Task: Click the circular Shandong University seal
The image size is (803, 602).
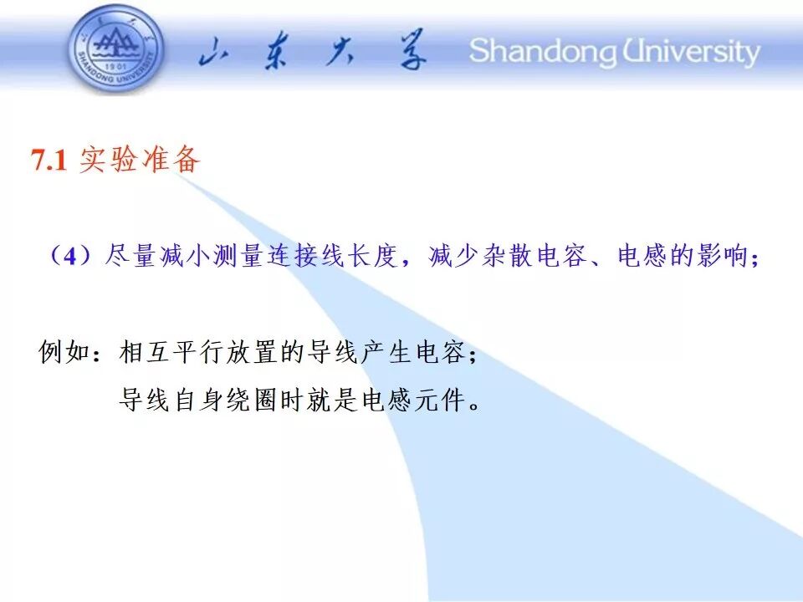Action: (116, 49)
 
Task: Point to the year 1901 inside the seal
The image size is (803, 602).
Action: (115, 67)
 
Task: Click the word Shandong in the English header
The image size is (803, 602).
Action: (544, 52)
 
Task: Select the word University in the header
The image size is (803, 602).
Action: (691, 52)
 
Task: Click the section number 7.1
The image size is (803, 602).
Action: (49, 160)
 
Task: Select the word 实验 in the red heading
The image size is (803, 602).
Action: (108, 159)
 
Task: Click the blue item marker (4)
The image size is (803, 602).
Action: (70, 255)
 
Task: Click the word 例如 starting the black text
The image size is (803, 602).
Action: (64, 352)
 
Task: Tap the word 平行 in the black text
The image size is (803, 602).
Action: (197, 352)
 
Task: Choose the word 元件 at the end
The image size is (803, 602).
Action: (440, 400)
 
